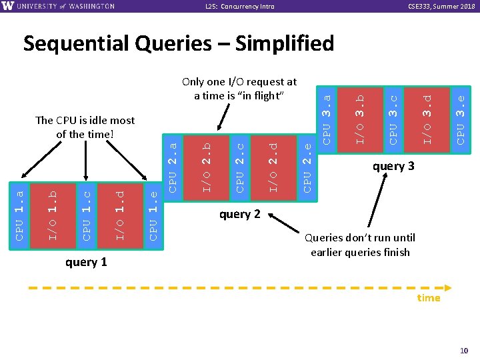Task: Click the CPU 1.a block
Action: (19, 215)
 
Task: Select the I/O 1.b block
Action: (53, 215)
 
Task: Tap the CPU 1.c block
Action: (86, 215)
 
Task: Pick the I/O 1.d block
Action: (119, 215)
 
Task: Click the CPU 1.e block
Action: (153, 215)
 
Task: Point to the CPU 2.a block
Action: (173, 164)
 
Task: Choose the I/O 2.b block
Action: (207, 164)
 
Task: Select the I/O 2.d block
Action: (273, 164)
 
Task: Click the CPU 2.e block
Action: (307, 164)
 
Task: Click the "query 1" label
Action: (86, 262)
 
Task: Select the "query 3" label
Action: (393, 166)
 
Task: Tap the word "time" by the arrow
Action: (428, 298)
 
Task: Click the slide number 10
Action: (464, 351)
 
